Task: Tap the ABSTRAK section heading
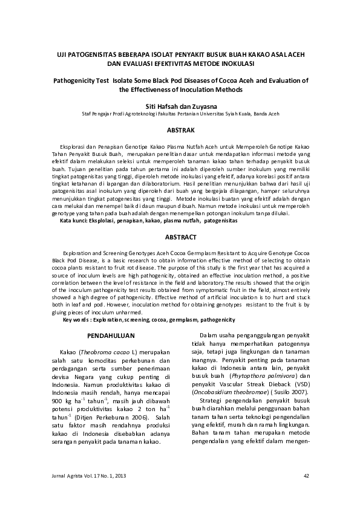point(180,130)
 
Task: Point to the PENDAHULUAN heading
point(111,334)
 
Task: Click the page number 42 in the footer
point(306,476)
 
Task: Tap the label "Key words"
point(77,319)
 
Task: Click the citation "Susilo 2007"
point(291,392)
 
